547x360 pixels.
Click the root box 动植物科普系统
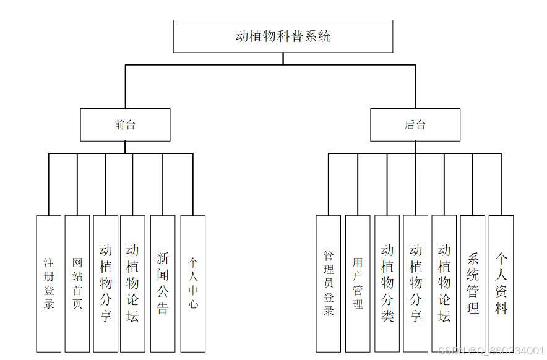(283, 36)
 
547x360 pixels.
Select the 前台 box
(125, 125)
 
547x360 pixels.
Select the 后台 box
(415, 125)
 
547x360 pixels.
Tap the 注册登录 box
(49, 283)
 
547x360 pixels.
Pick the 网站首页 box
(77, 283)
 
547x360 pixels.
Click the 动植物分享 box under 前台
(106, 283)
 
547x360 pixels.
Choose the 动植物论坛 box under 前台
(132, 283)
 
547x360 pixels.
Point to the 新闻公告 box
(163, 283)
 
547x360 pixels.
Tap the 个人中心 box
(193, 283)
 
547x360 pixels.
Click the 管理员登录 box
(329, 283)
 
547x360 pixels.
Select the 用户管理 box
(358, 283)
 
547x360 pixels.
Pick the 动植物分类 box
(387, 283)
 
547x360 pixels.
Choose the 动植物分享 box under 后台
(416, 283)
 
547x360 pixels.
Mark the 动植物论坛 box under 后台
(444, 283)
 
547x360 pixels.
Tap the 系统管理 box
(473, 283)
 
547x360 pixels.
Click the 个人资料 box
(501, 283)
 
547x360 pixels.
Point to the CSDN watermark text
(491, 351)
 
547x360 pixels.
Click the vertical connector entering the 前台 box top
(125, 87)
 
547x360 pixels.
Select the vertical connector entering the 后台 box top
(415, 87)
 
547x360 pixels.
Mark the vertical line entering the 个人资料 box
(501, 184)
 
